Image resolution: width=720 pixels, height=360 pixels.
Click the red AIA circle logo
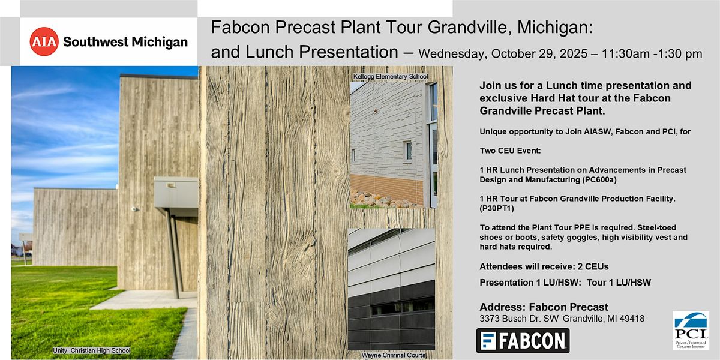pos(44,41)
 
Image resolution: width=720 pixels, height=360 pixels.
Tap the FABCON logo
pos(523,340)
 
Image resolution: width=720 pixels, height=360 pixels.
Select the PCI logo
pos(691,330)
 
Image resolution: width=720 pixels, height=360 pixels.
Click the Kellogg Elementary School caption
pos(391,77)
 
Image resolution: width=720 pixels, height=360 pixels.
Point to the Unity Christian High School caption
pos(92,350)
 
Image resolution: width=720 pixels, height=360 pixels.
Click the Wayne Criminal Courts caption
pos(394,355)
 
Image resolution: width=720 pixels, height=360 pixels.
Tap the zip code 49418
pos(632,319)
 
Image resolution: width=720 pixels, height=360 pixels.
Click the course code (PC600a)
pos(599,179)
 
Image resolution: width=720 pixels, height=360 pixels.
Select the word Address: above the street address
pos(503,307)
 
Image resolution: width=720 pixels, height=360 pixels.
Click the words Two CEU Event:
pos(510,151)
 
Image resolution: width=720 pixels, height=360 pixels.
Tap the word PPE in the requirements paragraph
pos(582,227)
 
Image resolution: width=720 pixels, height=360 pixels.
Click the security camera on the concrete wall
pos(134,209)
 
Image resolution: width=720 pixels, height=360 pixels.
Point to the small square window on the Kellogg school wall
pos(408,151)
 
